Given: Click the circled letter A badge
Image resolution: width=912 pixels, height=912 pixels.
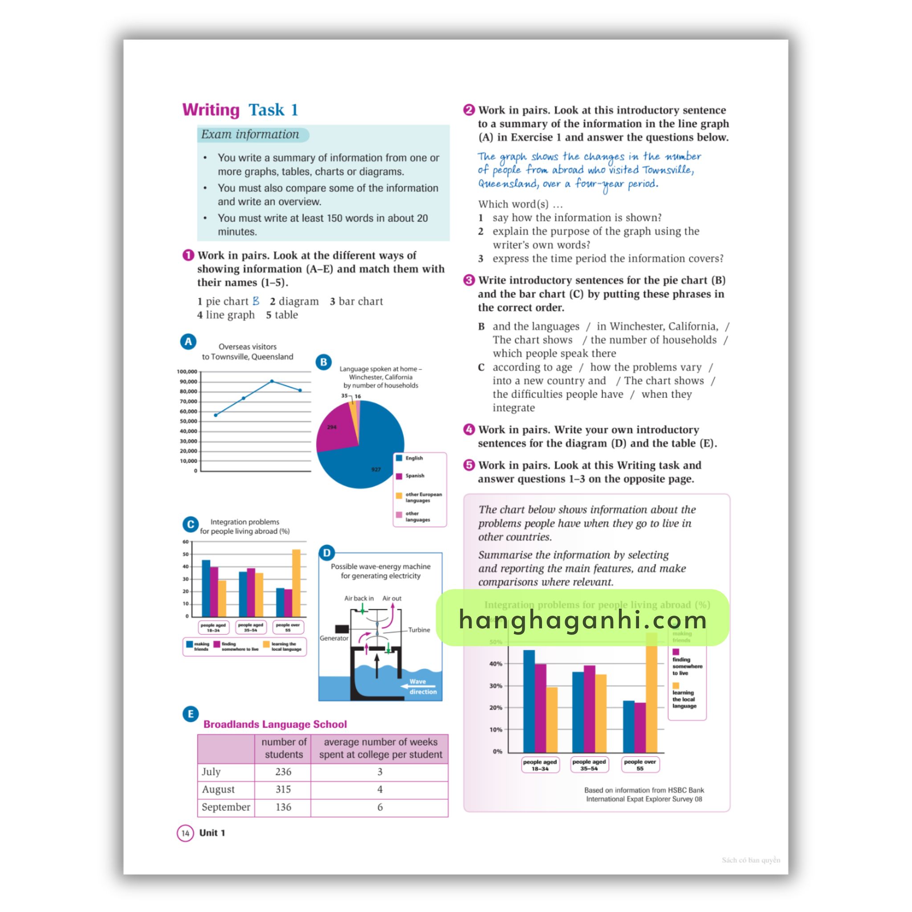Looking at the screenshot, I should click(188, 341).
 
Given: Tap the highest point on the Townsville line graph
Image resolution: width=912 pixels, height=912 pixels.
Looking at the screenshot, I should click(272, 381).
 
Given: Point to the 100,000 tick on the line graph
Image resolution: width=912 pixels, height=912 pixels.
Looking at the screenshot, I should click(187, 371).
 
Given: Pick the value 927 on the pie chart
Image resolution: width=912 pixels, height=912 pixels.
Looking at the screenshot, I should click(376, 469).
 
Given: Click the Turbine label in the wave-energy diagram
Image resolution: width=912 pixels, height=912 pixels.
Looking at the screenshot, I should click(419, 630).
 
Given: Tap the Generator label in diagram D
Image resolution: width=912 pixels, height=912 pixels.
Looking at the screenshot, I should click(334, 638).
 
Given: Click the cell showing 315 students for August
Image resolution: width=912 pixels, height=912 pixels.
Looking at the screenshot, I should click(283, 789).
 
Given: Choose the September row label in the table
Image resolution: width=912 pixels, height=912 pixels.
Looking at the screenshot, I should click(226, 807).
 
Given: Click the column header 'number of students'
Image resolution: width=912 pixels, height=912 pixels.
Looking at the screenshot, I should click(283, 748).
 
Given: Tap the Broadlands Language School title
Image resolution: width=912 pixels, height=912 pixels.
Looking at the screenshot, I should click(275, 724).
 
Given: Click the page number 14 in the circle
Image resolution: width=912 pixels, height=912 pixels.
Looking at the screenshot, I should click(185, 833).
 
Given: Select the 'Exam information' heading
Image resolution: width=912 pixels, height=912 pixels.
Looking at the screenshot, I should click(250, 134).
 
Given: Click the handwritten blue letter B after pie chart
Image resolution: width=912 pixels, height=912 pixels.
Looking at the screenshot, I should click(256, 301).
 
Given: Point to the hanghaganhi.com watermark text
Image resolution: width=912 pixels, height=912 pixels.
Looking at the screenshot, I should click(582, 619).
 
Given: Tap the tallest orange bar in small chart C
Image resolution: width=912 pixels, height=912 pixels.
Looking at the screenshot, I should click(296, 583).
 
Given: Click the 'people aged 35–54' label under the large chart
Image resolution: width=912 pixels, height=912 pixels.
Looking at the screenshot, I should click(589, 765).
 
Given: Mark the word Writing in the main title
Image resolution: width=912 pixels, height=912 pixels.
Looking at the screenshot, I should click(211, 110).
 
